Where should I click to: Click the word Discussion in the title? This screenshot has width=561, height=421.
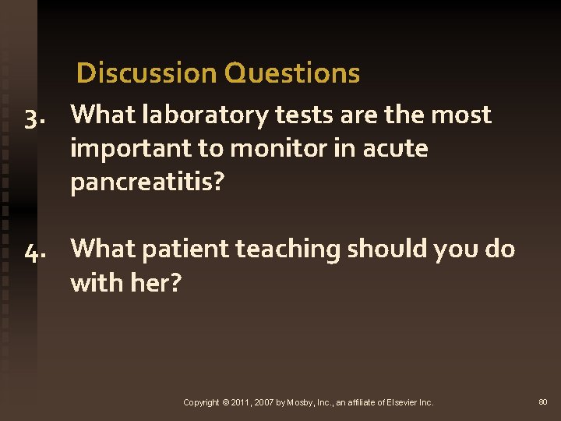(x=147, y=73)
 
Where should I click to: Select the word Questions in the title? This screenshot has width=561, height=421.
(x=291, y=73)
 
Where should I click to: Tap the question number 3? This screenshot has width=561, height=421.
(x=34, y=116)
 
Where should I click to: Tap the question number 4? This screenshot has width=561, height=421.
(x=34, y=250)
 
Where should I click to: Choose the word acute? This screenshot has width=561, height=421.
(x=395, y=148)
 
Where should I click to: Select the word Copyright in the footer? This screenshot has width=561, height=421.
(x=200, y=402)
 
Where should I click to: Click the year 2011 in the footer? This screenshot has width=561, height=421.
(x=240, y=402)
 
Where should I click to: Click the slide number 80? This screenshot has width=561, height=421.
(x=543, y=402)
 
